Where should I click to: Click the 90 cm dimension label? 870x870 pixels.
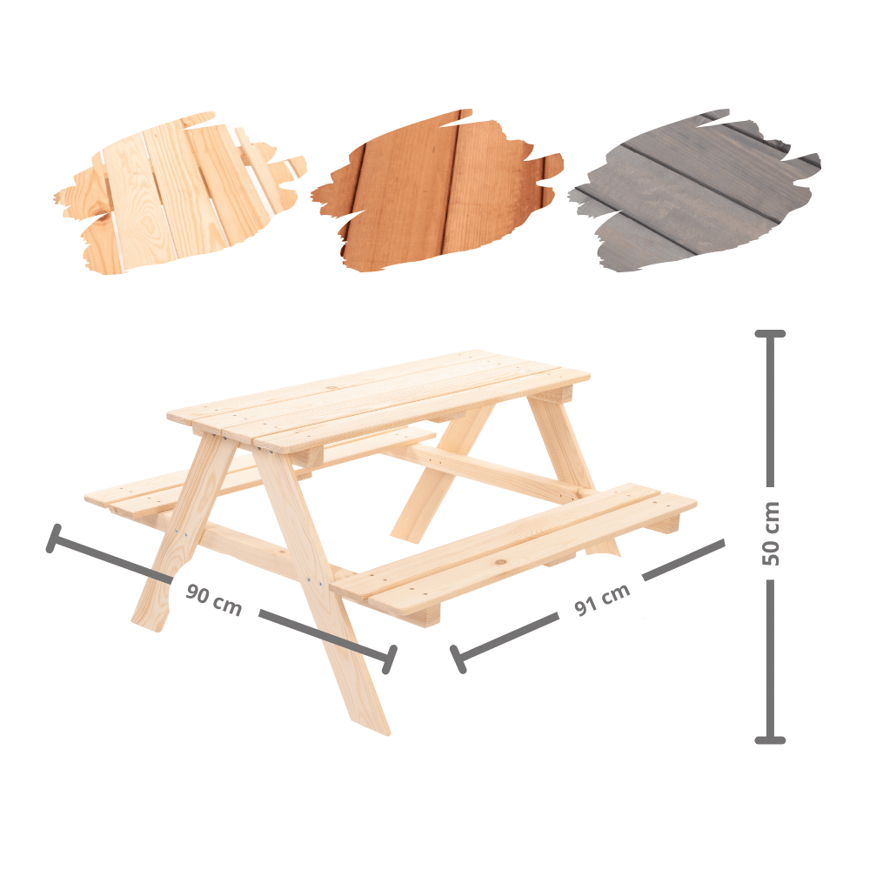click(x=214, y=599)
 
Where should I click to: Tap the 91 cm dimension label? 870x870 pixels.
click(x=602, y=599)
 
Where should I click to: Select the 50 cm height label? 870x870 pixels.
click(x=771, y=534)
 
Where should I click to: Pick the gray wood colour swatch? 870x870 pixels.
click(x=693, y=191)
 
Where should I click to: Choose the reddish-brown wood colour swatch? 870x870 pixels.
click(x=438, y=191)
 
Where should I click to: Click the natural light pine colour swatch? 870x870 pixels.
click(x=180, y=192)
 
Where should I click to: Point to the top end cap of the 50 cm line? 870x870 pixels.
click(x=770, y=334)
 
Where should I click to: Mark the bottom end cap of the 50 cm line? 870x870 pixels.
click(x=770, y=739)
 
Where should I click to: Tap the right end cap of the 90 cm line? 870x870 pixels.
click(x=390, y=659)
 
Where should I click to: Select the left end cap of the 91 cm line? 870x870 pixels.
click(x=458, y=659)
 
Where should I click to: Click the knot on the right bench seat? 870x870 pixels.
click(x=501, y=563)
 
